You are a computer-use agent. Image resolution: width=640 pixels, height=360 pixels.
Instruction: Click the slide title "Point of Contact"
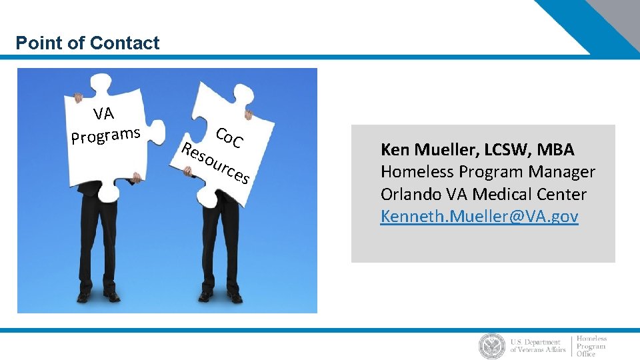tap(87, 43)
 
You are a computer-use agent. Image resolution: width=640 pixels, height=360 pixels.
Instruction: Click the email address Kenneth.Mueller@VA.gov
tap(479, 217)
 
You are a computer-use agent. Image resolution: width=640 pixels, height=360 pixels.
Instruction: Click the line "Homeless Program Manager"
tap(487, 172)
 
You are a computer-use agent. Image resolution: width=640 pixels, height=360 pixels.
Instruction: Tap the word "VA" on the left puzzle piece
tap(103, 114)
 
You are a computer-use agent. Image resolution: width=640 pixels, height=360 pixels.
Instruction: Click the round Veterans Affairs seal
tap(492, 346)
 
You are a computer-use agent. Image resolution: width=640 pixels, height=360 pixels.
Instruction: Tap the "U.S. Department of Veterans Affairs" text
tap(537, 345)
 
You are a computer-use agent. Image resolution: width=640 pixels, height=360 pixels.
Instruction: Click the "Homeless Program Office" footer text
tap(591, 346)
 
